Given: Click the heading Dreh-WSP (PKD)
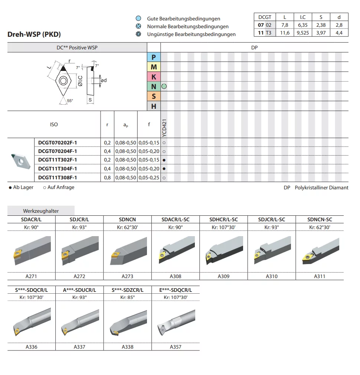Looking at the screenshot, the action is (x=34, y=35).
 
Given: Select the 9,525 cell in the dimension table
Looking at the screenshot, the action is (x=302, y=33).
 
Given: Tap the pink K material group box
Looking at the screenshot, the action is (x=154, y=77).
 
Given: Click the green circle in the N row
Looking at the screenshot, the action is (x=164, y=87).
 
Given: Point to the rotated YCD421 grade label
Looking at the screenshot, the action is (x=164, y=128).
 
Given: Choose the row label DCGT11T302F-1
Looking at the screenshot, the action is (x=58, y=160).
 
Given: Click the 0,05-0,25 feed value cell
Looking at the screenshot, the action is (x=149, y=178).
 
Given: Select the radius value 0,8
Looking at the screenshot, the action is (x=107, y=178).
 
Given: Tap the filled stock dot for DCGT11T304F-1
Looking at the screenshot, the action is (x=164, y=169).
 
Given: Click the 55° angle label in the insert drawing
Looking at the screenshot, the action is (x=70, y=101).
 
